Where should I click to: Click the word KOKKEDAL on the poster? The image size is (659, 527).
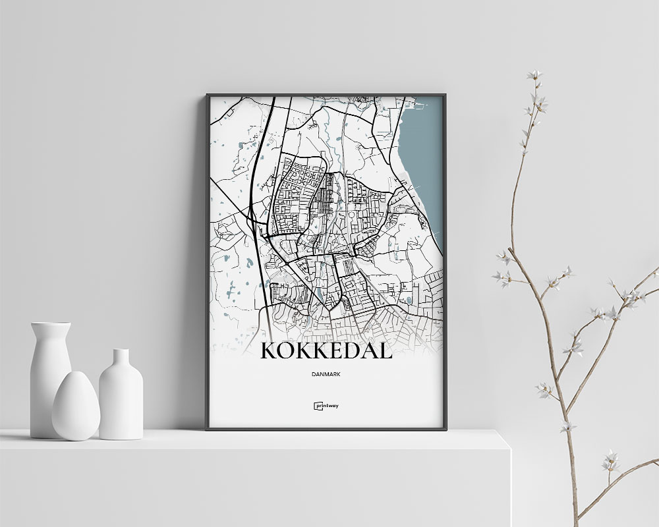click(x=326, y=350)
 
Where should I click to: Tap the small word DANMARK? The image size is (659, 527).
click(x=326, y=374)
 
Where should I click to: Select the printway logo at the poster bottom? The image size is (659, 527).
click(x=326, y=406)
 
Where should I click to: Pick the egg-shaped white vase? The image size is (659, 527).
click(x=76, y=407)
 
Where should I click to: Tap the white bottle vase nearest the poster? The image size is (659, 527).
click(x=121, y=395)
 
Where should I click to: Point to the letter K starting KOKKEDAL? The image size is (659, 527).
click(x=270, y=350)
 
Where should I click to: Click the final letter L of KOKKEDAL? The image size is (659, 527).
click(x=385, y=350)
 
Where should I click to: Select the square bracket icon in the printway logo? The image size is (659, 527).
click(x=317, y=406)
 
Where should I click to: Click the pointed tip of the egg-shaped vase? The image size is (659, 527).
click(x=74, y=374)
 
